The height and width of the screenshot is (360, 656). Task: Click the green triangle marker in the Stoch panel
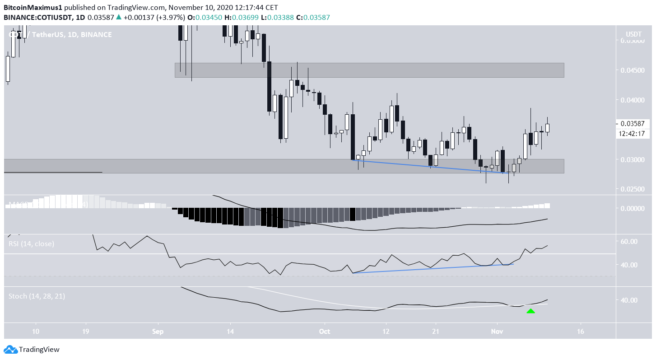(530, 311)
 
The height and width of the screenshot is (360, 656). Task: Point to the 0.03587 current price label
(633, 124)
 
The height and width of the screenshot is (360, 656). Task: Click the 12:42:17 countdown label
(633, 133)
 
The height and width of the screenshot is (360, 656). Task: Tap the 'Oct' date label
(324, 331)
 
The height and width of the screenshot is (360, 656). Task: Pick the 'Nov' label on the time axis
(497, 331)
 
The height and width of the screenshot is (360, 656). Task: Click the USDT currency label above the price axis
(633, 34)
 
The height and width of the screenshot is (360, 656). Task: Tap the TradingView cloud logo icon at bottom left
(10, 349)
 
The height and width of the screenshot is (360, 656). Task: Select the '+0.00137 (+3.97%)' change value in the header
(154, 17)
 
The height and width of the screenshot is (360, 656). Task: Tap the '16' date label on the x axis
(580, 331)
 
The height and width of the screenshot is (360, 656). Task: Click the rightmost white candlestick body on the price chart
(548, 128)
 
